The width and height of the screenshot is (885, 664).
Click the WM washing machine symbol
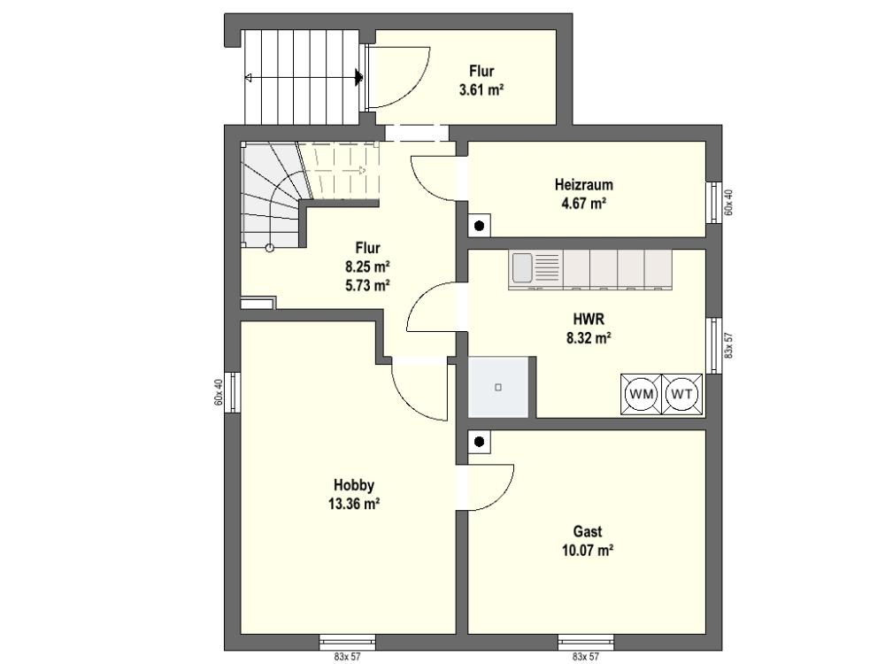click(x=641, y=395)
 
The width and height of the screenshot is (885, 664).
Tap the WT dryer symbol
click(x=681, y=395)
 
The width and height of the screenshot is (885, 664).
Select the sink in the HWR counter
click(x=521, y=267)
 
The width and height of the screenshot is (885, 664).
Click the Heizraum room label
click(x=583, y=185)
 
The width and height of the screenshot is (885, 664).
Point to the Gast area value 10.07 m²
click(x=588, y=550)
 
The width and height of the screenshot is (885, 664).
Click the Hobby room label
click(x=354, y=485)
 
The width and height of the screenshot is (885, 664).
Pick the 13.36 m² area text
click(x=354, y=504)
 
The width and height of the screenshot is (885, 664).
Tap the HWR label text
click(x=589, y=320)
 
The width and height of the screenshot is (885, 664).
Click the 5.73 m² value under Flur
click(x=367, y=286)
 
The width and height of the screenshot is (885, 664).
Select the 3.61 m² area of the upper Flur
click(x=481, y=89)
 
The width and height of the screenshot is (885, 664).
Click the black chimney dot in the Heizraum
click(x=479, y=227)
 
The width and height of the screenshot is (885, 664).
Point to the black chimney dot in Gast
click(x=479, y=442)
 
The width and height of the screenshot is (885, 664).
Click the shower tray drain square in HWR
click(x=497, y=388)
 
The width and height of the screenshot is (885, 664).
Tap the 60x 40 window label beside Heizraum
click(x=728, y=202)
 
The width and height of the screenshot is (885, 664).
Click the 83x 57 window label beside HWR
click(x=728, y=345)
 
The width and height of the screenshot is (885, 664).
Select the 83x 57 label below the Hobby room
click(x=347, y=657)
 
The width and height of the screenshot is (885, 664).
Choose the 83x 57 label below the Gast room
click(x=586, y=657)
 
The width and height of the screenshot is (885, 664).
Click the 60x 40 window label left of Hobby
click(x=219, y=392)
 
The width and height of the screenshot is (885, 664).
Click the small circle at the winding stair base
click(x=270, y=248)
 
